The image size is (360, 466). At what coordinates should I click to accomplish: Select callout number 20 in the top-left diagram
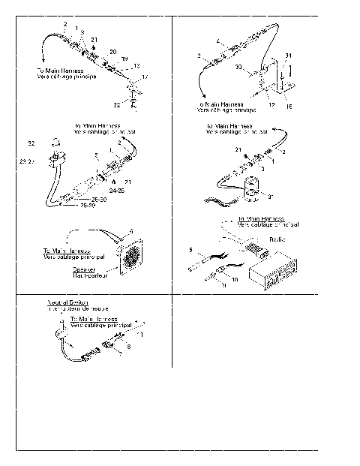[x=113, y=51]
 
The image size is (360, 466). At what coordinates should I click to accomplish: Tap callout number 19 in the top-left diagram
[x=124, y=58]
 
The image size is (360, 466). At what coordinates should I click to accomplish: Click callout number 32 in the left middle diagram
[x=31, y=143]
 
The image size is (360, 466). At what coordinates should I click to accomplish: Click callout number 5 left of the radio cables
[x=192, y=249]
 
